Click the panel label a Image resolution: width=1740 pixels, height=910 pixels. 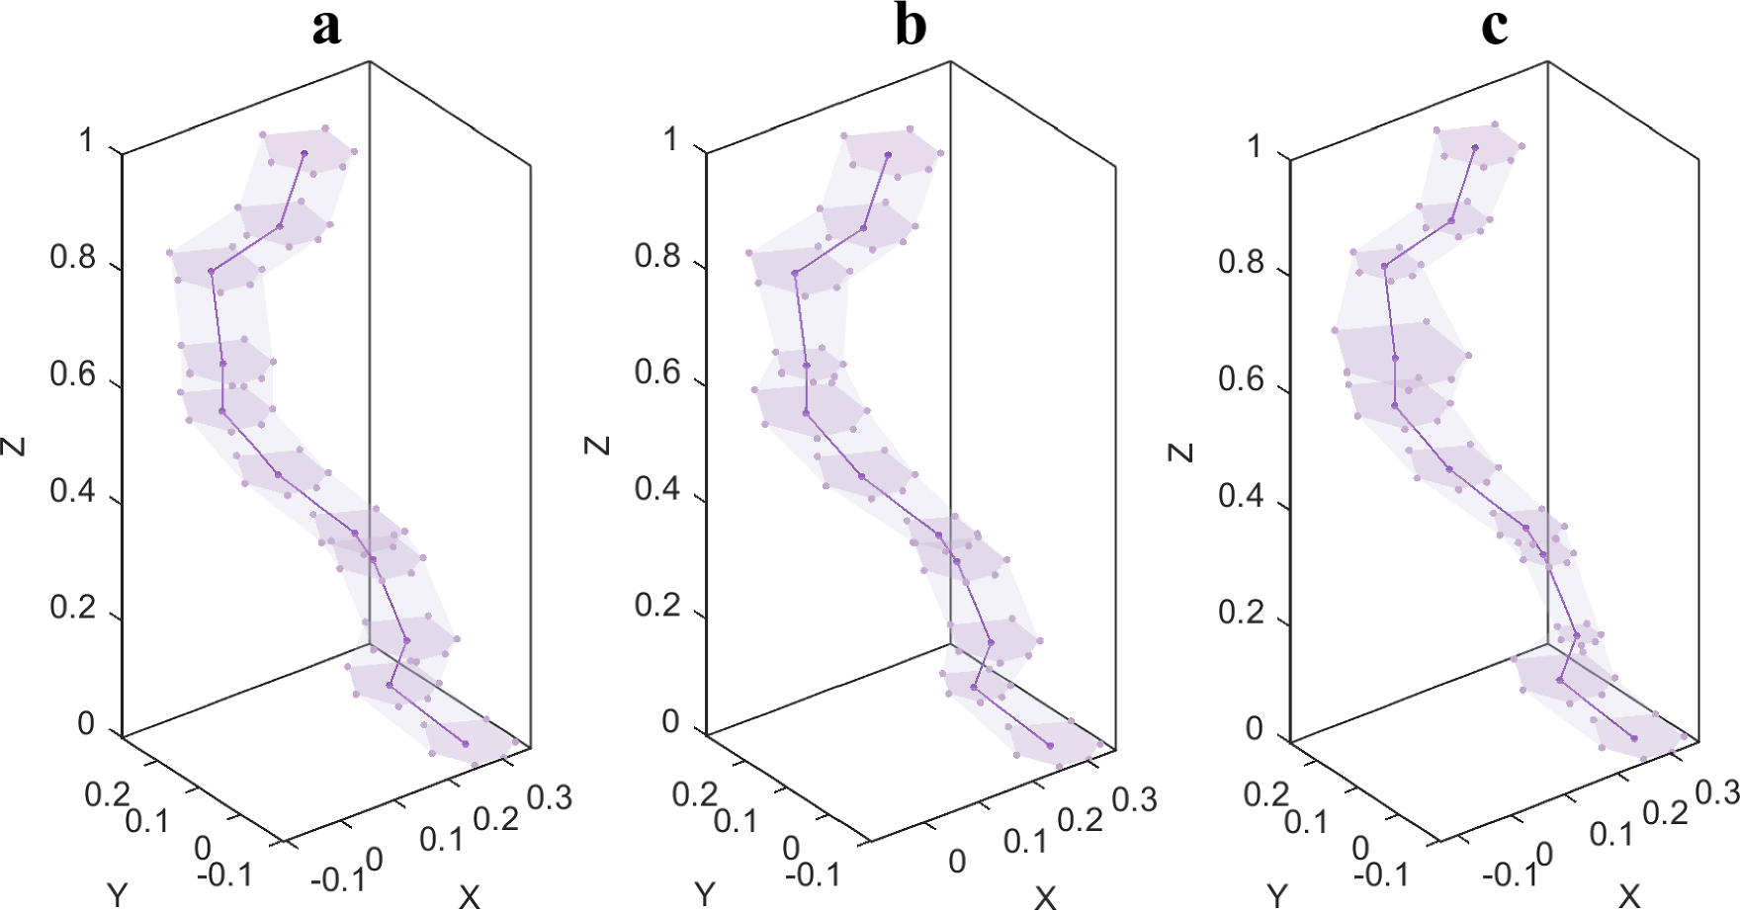[326, 27]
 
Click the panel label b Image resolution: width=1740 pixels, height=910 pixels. [910, 27]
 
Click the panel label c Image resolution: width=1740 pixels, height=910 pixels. [1494, 27]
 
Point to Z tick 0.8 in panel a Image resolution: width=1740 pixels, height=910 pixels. [73, 258]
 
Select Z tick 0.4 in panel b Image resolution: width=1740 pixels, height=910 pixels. [657, 489]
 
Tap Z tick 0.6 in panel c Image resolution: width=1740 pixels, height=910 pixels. [1241, 379]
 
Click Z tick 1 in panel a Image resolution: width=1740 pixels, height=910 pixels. [87, 141]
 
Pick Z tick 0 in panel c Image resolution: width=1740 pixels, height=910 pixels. [1254, 729]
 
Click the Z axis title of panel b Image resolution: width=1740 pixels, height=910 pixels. [597, 445]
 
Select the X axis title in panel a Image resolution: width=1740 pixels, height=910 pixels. [469, 896]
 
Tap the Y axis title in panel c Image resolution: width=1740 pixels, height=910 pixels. [1277, 896]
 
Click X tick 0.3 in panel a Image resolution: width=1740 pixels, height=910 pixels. [549, 797]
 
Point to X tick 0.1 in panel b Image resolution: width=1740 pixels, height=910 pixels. [1025, 842]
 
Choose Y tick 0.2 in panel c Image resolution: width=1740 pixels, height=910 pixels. [1266, 794]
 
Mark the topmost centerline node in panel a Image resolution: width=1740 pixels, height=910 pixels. [304, 153]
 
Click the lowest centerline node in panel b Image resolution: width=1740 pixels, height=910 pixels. [1050, 746]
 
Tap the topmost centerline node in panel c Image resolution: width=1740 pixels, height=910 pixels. [1474, 148]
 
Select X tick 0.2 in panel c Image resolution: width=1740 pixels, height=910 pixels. [1665, 813]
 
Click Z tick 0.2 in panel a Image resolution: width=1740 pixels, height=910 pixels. [73, 608]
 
